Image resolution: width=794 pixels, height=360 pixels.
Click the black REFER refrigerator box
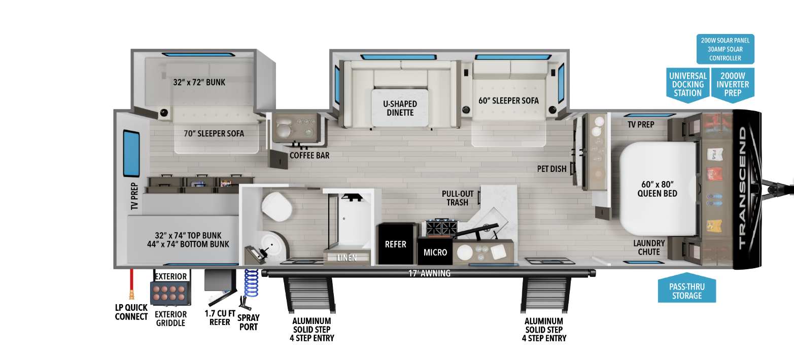click(396, 243)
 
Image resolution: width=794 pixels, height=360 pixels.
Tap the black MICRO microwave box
click(435, 252)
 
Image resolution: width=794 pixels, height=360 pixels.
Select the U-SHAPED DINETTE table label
click(400, 108)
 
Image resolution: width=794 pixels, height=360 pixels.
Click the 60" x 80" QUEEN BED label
click(657, 189)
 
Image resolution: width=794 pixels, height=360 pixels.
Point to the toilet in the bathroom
click(277, 207)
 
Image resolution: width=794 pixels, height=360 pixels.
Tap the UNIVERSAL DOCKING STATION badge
click(687, 85)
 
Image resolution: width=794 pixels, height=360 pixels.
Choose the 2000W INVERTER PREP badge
click(733, 85)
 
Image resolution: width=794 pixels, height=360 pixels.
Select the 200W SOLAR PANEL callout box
click(725, 49)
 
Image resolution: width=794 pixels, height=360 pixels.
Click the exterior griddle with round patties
click(170, 293)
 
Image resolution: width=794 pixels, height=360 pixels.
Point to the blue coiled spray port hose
click(251, 283)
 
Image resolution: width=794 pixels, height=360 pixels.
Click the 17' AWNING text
click(429, 273)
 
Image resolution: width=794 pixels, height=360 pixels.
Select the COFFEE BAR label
click(309, 156)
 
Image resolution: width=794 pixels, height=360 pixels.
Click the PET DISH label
click(551, 169)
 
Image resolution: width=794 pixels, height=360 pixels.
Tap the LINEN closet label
click(347, 258)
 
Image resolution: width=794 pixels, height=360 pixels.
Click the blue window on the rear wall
click(131, 154)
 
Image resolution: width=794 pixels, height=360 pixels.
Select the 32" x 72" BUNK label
click(199, 82)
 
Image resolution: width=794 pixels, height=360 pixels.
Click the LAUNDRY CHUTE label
click(649, 247)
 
